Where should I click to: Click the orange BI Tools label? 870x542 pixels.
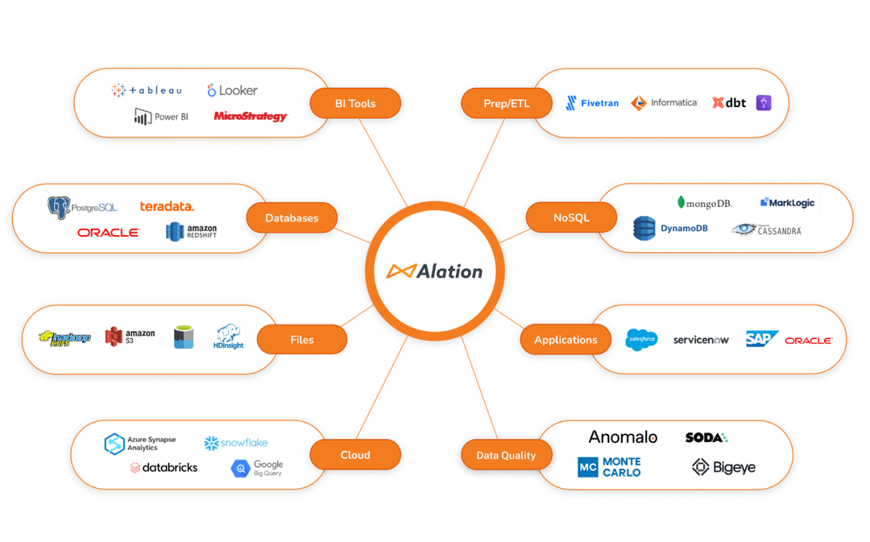[x=355, y=103]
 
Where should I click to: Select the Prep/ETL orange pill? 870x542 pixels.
[x=506, y=103]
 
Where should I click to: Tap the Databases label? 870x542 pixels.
[x=292, y=217]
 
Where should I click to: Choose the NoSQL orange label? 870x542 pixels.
[x=571, y=217]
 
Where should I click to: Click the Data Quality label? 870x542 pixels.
[x=506, y=455]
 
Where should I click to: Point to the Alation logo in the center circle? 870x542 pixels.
[x=434, y=271]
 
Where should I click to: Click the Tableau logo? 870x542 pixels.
[x=147, y=91]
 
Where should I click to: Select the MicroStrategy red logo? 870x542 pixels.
[x=251, y=117]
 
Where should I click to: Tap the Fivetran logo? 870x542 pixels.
[x=592, y=103]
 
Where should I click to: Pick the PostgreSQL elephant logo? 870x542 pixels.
[x=59, y=208]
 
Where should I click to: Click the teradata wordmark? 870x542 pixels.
[x=167, y=207]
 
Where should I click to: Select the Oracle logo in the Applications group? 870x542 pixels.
[x=808, y=341]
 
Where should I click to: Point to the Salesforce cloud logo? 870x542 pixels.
[x=641, y=340]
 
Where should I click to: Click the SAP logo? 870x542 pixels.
[x=760, y=339]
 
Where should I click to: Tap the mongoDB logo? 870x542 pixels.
[x=704, y=203]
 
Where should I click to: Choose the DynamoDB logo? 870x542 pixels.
[x=670, y=229]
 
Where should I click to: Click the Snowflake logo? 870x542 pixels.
[x=235, y=443]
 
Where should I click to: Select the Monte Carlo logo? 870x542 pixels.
[x=609, y=467]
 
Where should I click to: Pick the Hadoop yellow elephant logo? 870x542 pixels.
[x=64, y=338]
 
